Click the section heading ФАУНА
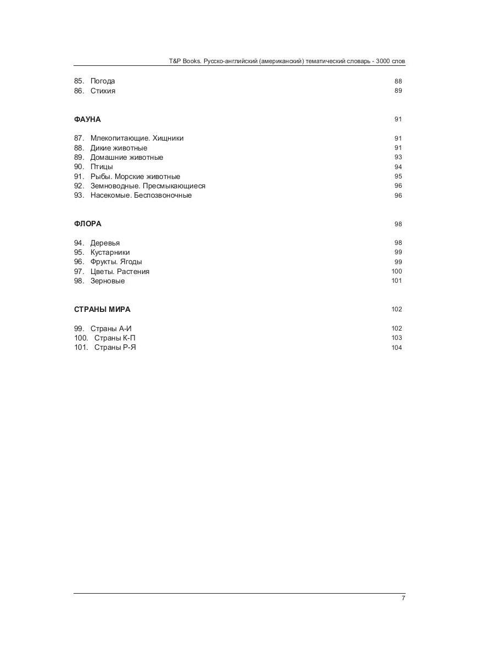pos(87,119)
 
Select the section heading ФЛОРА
pos(88,224)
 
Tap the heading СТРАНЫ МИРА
pos(102,309)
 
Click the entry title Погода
pos(103,81)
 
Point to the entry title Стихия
pos(103,91)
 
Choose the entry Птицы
pos(102,167)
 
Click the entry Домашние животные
pos(127,158)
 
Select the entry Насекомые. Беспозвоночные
pos(141,196)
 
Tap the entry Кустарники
pos(110,253)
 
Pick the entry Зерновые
pos(108,281)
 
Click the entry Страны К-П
pos(115,338)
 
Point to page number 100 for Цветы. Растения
pos(396,271)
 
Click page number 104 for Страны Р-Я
pos(396,348)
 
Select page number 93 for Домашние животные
pos(398,158)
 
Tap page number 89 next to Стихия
pos(398,91)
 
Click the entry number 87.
pos(79,138)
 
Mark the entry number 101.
pos(81,348)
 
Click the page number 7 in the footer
pos(403,598)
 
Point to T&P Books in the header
pos(185,62)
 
